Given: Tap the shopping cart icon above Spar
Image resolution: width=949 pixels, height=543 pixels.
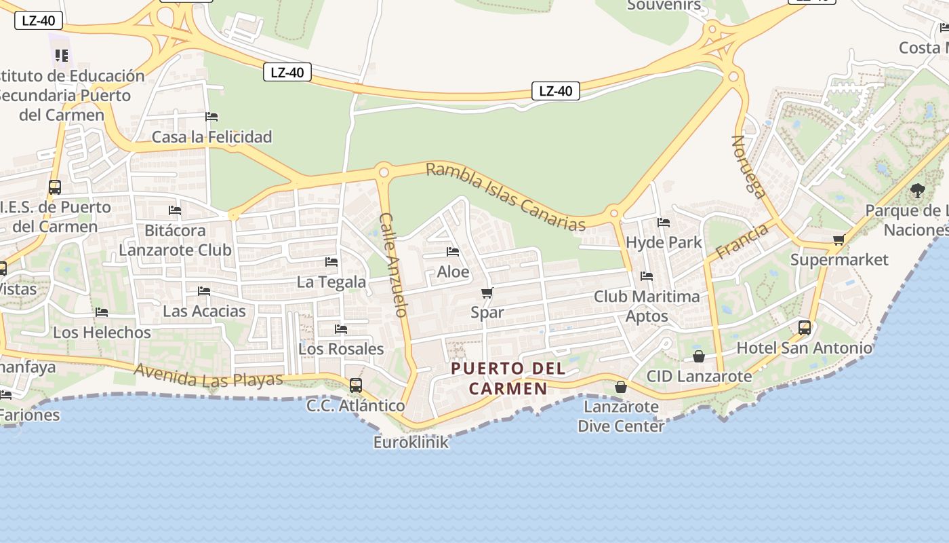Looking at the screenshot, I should click(x=487, y=293).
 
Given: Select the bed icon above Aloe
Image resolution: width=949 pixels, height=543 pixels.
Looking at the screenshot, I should click(x=453, y=252).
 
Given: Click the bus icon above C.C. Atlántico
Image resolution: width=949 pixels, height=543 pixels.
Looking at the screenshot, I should click(x=356, y=386).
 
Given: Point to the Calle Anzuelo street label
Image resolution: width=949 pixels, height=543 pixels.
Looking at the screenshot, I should click(x=394, y=265).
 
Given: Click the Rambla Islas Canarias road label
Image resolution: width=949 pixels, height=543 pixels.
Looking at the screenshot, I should click(x=505, y=197).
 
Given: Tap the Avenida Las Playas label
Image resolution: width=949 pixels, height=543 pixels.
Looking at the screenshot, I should click(x=208, y=375).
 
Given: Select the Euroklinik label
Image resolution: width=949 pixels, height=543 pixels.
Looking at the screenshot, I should click(x=411, y=443).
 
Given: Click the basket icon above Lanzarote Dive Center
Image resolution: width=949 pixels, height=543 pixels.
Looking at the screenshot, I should click(x=620, y=387).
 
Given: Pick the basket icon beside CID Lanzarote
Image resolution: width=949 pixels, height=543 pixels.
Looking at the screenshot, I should click(x=699, y=356).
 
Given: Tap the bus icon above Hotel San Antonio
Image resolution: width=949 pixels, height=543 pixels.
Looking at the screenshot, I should click(x=805, y=328).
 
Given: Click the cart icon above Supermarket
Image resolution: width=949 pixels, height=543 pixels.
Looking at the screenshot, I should click(x=839, y=239).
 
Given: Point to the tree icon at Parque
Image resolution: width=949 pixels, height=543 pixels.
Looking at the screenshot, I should click(x=918, y=191).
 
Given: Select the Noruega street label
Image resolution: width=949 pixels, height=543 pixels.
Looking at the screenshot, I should click(x=748, y=166).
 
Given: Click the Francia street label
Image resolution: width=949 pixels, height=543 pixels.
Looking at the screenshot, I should click(x=742, y=241).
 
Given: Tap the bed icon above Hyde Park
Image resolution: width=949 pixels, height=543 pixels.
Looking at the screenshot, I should click(x=664, y=222).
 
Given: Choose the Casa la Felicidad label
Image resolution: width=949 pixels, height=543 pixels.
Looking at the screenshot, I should click(x=211, y=137).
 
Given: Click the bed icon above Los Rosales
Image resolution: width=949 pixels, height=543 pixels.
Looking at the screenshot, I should click(x=341, y=329).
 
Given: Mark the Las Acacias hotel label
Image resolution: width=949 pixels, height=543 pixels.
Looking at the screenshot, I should click(x=204, y=312).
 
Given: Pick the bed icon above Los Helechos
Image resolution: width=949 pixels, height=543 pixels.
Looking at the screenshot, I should click(x=102, y=312).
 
